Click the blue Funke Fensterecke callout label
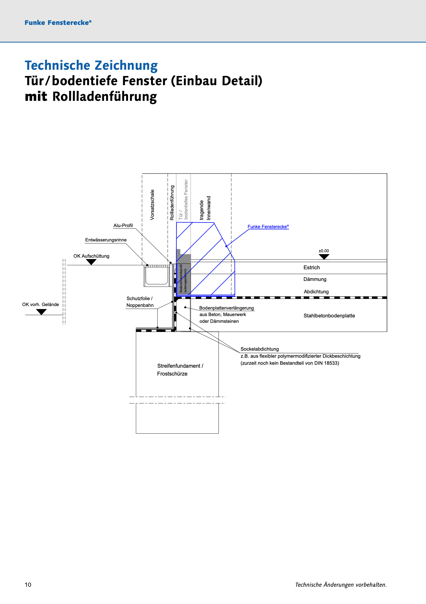tap(268, 227)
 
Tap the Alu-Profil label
tap(123, 225)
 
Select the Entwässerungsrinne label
tap(106, 240)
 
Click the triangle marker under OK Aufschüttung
tap(91, 262)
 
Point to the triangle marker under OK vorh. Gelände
tap(41, 312)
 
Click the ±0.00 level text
tap(324, 251)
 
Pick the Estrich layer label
tap(312, 267)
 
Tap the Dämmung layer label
tap(315, 279)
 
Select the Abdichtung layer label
tap(316, 292)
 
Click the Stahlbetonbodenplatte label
tap(329, 316)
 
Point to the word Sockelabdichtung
tap(260, 349)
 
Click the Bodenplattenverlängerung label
tap(227, 308)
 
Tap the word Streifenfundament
tap(179, 366)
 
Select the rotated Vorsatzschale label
tap(152, 205)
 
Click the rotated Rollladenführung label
tap(172, 203)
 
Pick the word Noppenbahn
tap(140, 305)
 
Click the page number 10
tap(28, 585)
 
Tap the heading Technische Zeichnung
tap(91, 65)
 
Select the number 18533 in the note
tap(331, 363)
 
